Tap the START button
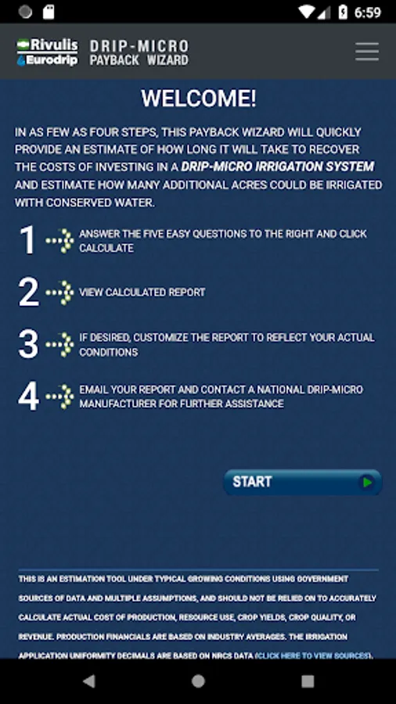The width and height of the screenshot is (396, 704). [303, 482]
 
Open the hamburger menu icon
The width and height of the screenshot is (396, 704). [367, 52]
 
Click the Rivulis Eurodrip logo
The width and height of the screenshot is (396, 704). [47, 52]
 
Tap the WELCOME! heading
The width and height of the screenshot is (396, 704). [199, 99]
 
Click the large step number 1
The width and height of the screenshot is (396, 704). [27, 240]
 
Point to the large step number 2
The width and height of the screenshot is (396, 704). [28, 293]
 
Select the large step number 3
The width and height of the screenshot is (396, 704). [28, 344]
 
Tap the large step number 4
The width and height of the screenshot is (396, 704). [28, 396]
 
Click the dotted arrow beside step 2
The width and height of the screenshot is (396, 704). [59, 293]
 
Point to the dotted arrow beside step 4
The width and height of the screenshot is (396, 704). [59, 397]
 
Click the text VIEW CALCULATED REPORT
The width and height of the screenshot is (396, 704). [142, 293]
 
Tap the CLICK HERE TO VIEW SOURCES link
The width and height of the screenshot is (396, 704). [313, 656]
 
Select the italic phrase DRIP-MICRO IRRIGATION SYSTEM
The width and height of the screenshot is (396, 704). [278, 167]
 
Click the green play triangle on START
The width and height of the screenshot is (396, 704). [368, 482]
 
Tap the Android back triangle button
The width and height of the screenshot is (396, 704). [89, 681]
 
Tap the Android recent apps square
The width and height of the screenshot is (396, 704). [308, 681]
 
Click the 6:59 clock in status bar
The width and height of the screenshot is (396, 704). [368, 12]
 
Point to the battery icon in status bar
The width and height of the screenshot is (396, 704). [343, 12]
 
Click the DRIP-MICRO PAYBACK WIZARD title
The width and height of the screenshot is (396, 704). [139, 52]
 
